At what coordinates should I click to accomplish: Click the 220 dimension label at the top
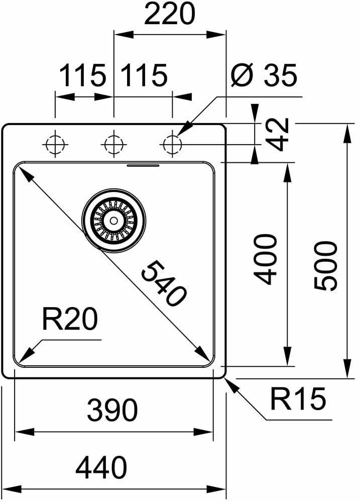click(169, 15)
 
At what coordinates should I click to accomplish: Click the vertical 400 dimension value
click(264, 259)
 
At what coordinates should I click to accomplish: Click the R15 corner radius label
click(298, 399)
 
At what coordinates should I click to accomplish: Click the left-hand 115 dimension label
click(83, 76)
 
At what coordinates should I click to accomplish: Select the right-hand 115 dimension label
click(143, 76)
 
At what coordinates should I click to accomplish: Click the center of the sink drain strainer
click(113, 220)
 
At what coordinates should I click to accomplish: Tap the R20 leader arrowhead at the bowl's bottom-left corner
click(25, 356)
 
